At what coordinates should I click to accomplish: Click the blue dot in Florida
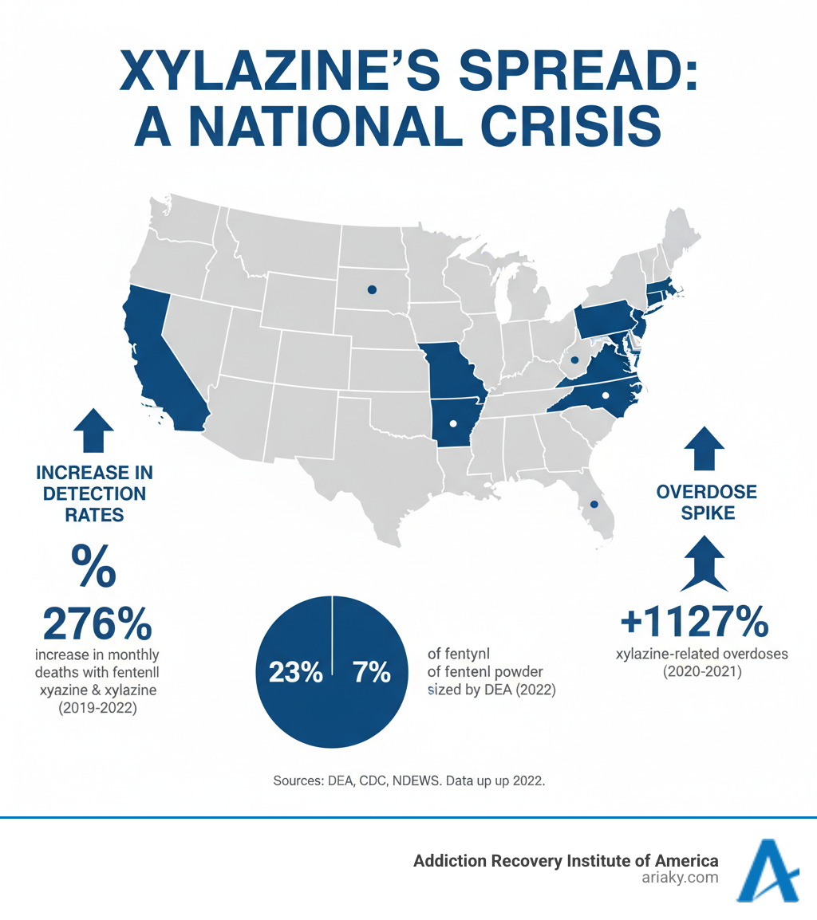[x=593, y=504]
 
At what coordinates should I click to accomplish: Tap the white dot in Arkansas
[x=452, y=423]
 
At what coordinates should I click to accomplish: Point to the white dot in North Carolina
[x=605, y=395]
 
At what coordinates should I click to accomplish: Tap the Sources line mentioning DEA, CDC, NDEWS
[x=408, y=780]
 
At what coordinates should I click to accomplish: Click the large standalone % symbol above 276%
[x=93, y=566]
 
